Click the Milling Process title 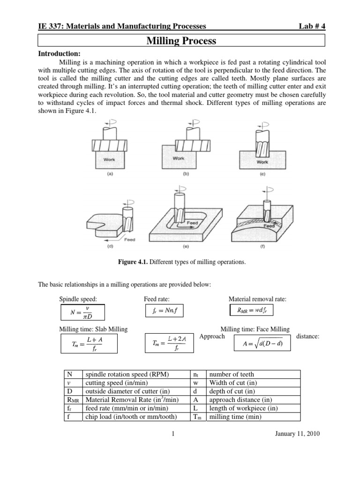(x=181, y=41)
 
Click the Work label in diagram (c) (x=262, y=162)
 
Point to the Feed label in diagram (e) (x=193, y=223)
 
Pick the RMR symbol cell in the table (x=72, y=400)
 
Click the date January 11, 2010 (x=297, y=434)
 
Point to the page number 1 (x=173, y=434)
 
